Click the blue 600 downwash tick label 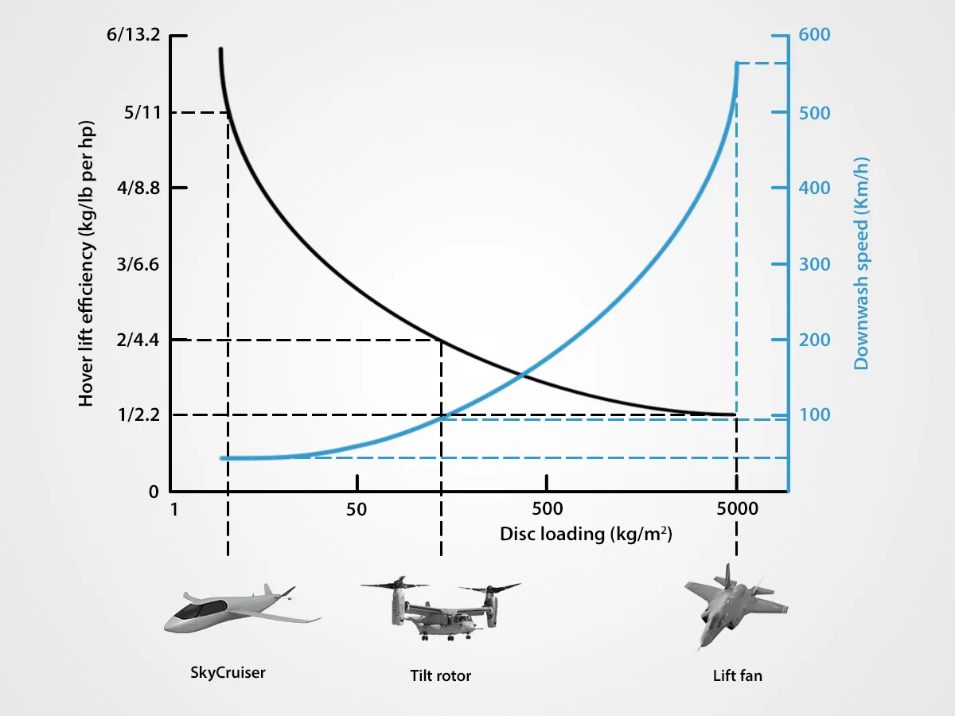pos(814,36)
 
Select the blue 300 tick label pos(814,264)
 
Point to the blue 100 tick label pos(814,415)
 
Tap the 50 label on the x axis pos(357,510)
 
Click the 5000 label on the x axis pos(737,510)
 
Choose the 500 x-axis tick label pos(547,510)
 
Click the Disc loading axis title pos(586,534)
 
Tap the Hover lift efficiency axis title pos(87,264)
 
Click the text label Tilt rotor pos(440,676)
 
